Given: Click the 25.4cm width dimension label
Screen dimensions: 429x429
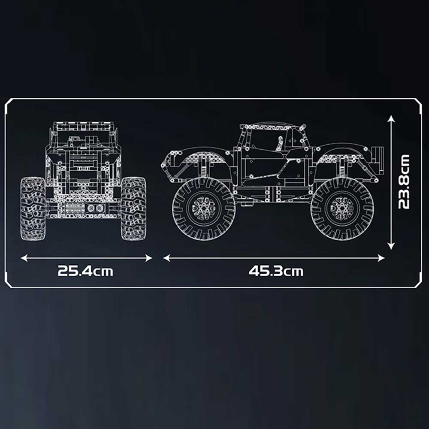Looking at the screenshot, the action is click(85, 271).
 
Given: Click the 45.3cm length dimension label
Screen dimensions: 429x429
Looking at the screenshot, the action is click(276, 271).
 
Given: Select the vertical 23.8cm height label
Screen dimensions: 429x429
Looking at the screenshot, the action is click(404, 182).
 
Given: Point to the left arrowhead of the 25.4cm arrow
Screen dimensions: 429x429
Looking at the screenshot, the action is click(24, 258).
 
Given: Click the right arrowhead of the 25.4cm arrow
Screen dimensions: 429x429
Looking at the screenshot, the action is click(148, 258).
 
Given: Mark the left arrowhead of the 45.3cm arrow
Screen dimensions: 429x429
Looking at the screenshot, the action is click(166, 258).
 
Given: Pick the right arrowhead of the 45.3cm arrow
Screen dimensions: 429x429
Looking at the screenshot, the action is click(381, 258).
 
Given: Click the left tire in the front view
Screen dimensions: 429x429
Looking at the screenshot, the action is click(33, 209).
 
